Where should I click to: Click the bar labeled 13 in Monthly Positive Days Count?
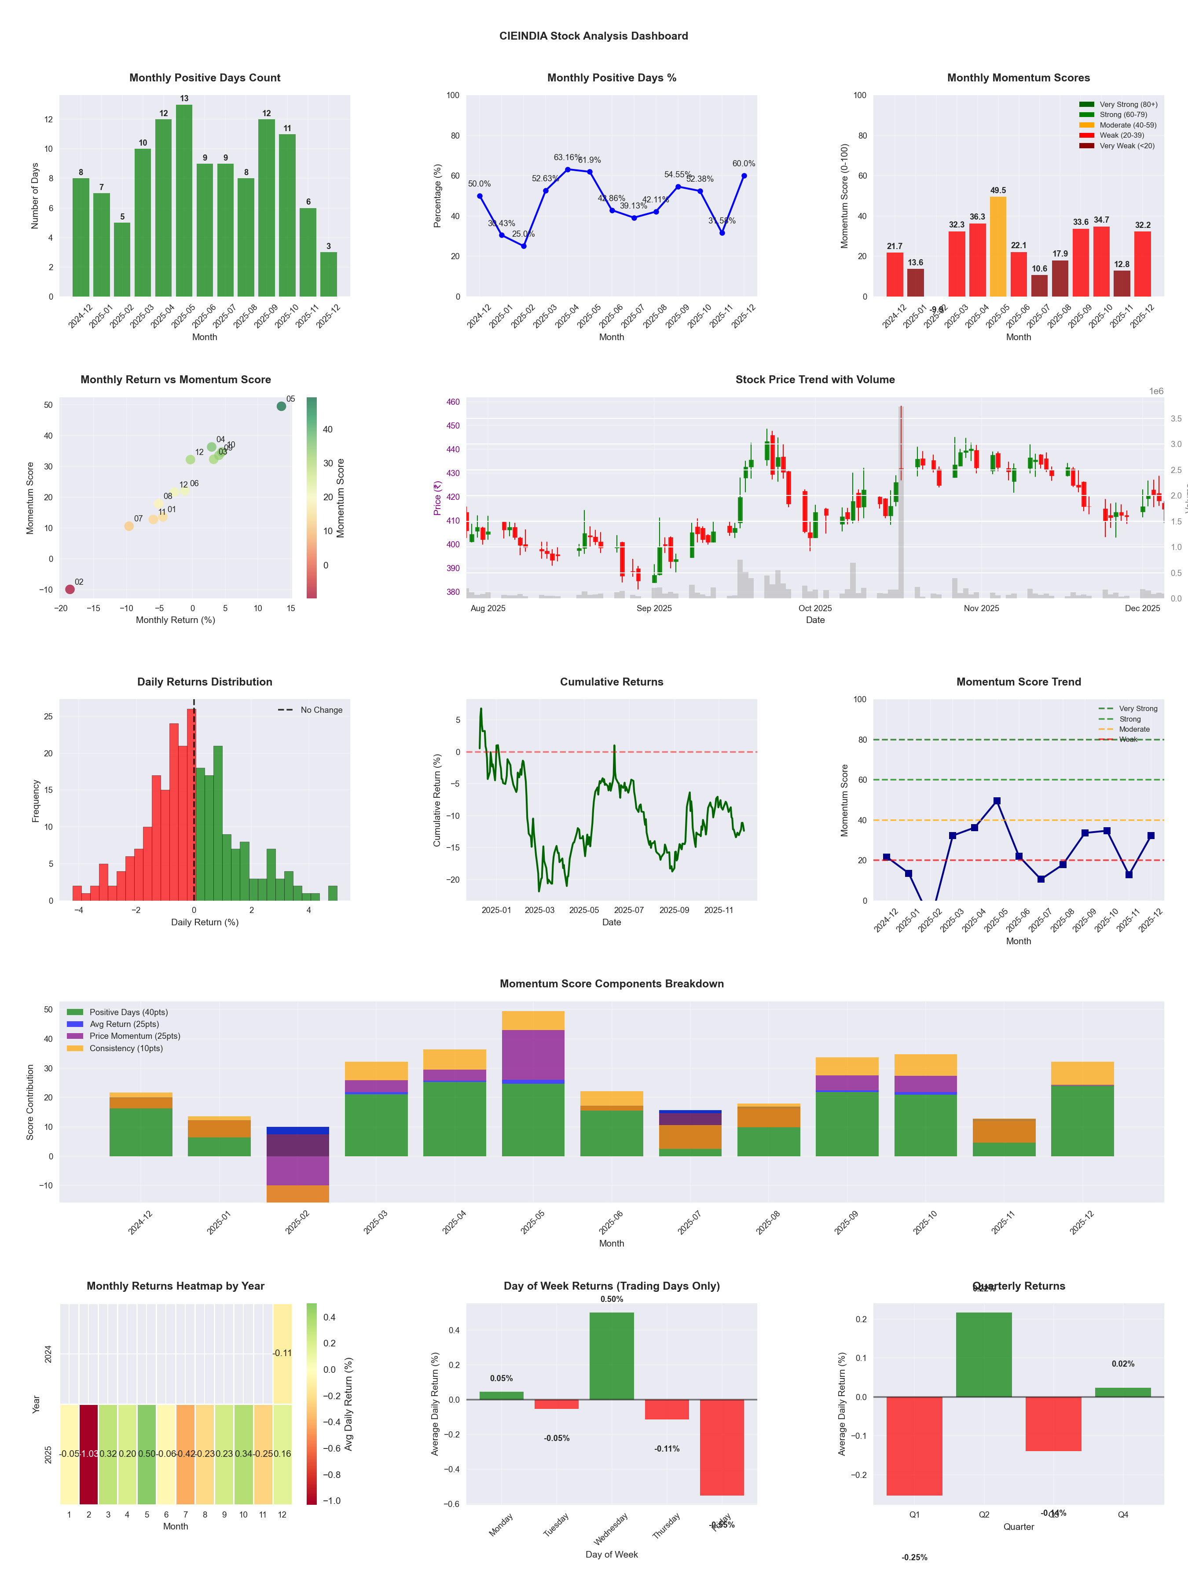coord(184,201)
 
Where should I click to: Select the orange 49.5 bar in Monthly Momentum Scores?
coord(997,246)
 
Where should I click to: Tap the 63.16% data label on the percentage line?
coord(567,158)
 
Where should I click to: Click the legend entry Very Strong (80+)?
coord(1128,105)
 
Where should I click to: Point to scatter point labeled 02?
coord(70,589)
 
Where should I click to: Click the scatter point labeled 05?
coord(282,406)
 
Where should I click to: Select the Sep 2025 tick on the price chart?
coord(654,608)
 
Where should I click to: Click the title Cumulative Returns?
coord(612,682)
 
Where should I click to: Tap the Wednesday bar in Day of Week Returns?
coord(612,1356)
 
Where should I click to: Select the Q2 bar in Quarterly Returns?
coord(984,1354)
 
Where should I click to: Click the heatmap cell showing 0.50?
coord(147,1454)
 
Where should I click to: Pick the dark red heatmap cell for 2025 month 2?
coord(89,1454)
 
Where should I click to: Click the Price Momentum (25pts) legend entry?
coord(135,1036)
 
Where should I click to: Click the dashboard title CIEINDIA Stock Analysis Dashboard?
coord(594,36)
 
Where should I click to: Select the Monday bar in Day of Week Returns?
coord(501,1396)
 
